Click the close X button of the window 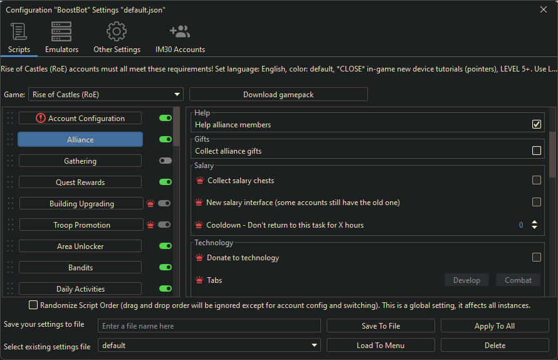coord(543,9)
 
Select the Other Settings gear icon coord(117,31)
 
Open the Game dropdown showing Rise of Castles coord(105,95)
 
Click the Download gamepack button coord(278,95)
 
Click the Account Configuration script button coord(80,118)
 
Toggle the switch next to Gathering coord(166,161)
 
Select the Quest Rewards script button coord(80,182)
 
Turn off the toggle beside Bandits coord(166,267)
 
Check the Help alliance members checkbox coord(537,124)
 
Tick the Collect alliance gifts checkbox coord(537,151)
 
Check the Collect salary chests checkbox coord(537,180)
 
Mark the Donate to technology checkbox coord(537,257)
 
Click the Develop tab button coord(466,280)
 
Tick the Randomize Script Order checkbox coord(33,305)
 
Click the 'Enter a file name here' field coord(209,326)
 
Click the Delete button coord(495,345)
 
